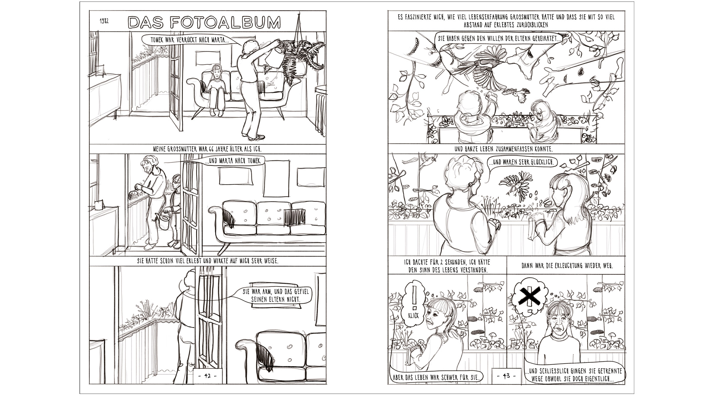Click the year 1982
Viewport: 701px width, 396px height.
click(104, 21)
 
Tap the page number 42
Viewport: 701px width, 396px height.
click(207, 376)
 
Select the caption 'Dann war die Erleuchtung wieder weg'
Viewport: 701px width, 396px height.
click(567, 265)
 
